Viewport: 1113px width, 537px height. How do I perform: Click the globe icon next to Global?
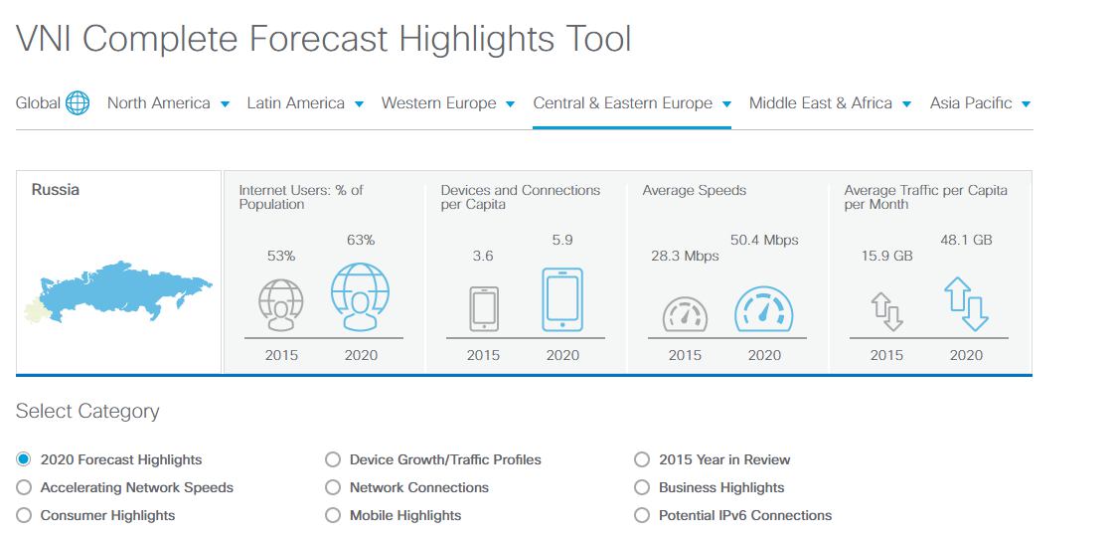pos(78,103)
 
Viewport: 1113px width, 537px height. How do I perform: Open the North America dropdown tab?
pos(168,103)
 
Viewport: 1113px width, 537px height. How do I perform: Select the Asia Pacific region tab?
pos(980,103)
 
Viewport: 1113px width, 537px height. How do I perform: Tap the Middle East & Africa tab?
pos(830,103)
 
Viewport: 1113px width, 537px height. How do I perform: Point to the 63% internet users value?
pos(361,240)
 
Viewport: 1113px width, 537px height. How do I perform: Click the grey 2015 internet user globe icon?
pos(281,304)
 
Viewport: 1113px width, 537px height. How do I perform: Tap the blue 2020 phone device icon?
pos(562,299)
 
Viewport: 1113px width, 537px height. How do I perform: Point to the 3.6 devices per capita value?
pos(483,256)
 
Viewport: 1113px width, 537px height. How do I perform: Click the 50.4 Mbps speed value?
pos(764,240)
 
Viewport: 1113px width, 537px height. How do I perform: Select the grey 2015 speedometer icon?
pos(685,314)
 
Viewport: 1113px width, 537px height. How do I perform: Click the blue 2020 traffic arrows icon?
pos(966,304)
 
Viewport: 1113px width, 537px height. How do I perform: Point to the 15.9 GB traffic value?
pos(886,256)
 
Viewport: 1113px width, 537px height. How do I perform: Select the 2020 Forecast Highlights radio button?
pos(24,459)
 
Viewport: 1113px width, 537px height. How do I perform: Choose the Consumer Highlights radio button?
pos(24,516)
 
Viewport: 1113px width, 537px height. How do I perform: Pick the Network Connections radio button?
pos(333,488)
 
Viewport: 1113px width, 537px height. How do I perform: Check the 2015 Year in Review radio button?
pos(642,459)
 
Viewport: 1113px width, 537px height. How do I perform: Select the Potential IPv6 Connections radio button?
pos(642,516)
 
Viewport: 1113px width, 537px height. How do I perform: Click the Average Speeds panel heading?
pos(695,190)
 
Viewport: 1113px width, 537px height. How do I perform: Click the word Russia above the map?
pos(56,190)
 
